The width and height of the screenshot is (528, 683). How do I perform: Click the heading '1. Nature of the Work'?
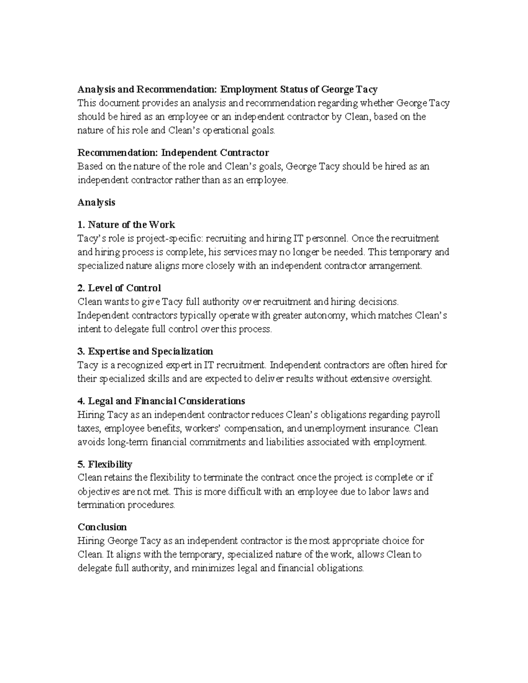[x=126, y=225]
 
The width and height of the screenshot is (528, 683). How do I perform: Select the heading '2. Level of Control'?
[x=119, y=288]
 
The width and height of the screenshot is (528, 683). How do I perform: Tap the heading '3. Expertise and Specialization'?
[x=145, y=351]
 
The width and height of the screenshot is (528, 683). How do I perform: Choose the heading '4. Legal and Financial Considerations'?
[x=161, y=401]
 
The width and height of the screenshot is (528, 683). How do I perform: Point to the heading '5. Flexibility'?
[x=105, y=464]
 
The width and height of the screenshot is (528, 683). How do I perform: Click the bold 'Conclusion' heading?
[x=102, y=527]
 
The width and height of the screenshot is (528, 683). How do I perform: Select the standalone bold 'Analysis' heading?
[x=96, y=202]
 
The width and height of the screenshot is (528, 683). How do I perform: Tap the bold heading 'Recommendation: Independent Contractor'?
[x=173, y=153]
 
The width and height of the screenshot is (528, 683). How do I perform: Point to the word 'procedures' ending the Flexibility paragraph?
[x=151, y=505]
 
